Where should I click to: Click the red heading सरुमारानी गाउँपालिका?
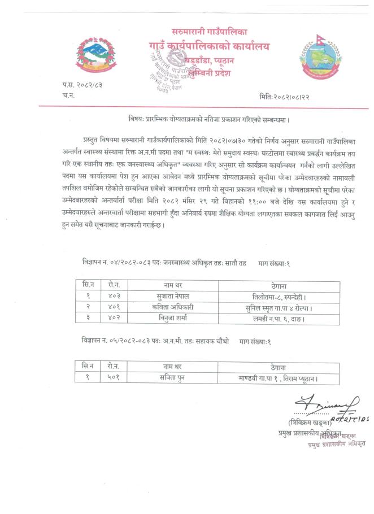(209, 32)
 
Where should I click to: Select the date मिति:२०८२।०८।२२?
(285, 97)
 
